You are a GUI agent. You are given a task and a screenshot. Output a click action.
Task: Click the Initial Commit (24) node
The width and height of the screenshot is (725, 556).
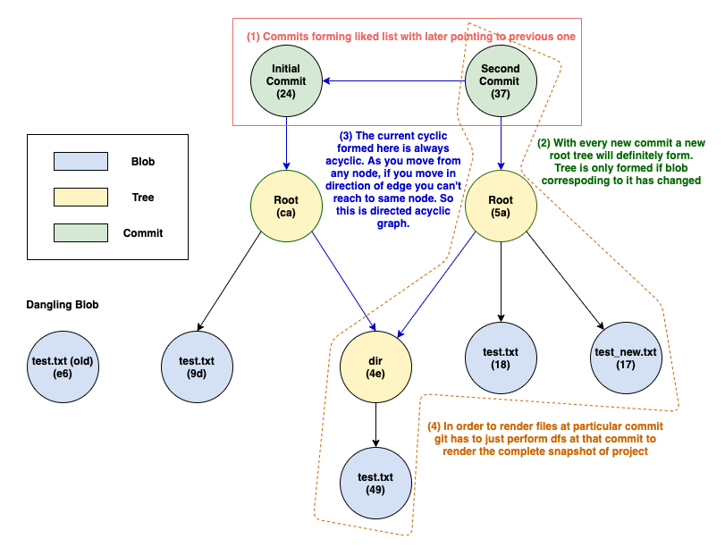pos(286,81)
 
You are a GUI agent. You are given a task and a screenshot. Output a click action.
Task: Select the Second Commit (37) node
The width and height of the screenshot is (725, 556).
pos(501,81)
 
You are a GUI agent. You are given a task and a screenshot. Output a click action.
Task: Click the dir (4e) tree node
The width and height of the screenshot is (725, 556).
pos(375,366)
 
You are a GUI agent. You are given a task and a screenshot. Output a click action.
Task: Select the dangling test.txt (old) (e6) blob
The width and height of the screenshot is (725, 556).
pos(62,366)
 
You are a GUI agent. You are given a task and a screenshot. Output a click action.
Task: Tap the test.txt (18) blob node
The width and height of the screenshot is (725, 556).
pos(501,358)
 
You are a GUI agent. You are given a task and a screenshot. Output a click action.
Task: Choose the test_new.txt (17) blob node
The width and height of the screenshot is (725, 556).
pos(625,358)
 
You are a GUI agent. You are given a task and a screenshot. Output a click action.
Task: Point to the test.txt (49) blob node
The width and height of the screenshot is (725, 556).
pos(375,484)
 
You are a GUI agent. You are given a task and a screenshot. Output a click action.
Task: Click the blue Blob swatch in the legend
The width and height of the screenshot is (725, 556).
pos(80,162)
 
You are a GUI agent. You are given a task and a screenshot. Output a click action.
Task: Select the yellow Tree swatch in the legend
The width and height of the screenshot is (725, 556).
pos(80,198)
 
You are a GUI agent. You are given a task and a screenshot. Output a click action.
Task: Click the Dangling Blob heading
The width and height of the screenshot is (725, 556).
pos(63,305)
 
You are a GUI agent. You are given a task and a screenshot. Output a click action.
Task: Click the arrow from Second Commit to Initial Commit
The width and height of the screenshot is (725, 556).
pos(393,81)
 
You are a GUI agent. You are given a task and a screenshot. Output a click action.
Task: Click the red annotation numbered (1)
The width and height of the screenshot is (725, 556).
pos(411,37)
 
